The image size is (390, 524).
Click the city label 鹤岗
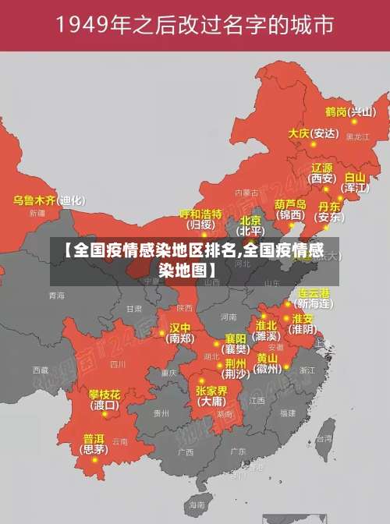point(336,112)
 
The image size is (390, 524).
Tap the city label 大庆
point(300,133)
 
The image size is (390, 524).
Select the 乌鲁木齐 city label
point(35,200)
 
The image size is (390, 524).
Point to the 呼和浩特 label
point(201,214)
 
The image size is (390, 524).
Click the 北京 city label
point(250,221)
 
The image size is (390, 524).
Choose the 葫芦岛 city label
point(292,204)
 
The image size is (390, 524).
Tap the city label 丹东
point(330,207)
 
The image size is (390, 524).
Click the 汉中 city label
point(180,327)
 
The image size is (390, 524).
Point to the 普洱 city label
point(94,438)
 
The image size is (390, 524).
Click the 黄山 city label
point(268,358)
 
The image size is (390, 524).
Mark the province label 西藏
point(41,370)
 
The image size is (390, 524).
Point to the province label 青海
point(56,296)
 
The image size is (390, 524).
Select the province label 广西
point(186,451)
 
